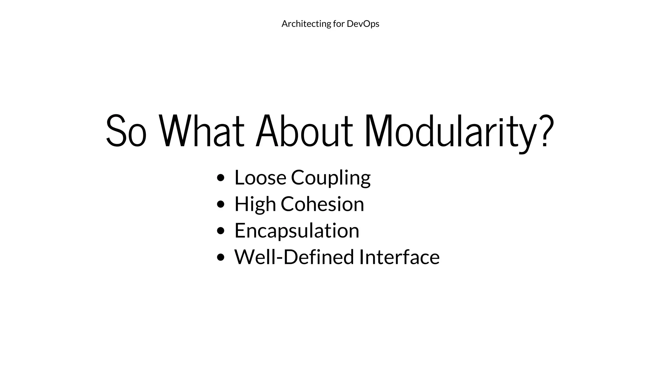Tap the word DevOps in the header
click(363, 24)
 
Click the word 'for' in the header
click(339, 24)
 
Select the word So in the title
click(126, 131)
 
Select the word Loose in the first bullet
click(260, 178)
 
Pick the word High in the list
click(255, 204)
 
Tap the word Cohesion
click(322, 204)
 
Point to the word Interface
click(399, 257)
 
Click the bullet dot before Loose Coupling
click(221, 178)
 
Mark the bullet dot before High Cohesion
click(221, 204)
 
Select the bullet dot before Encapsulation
click(221, 231)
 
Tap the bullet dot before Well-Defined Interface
click(221, 257)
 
